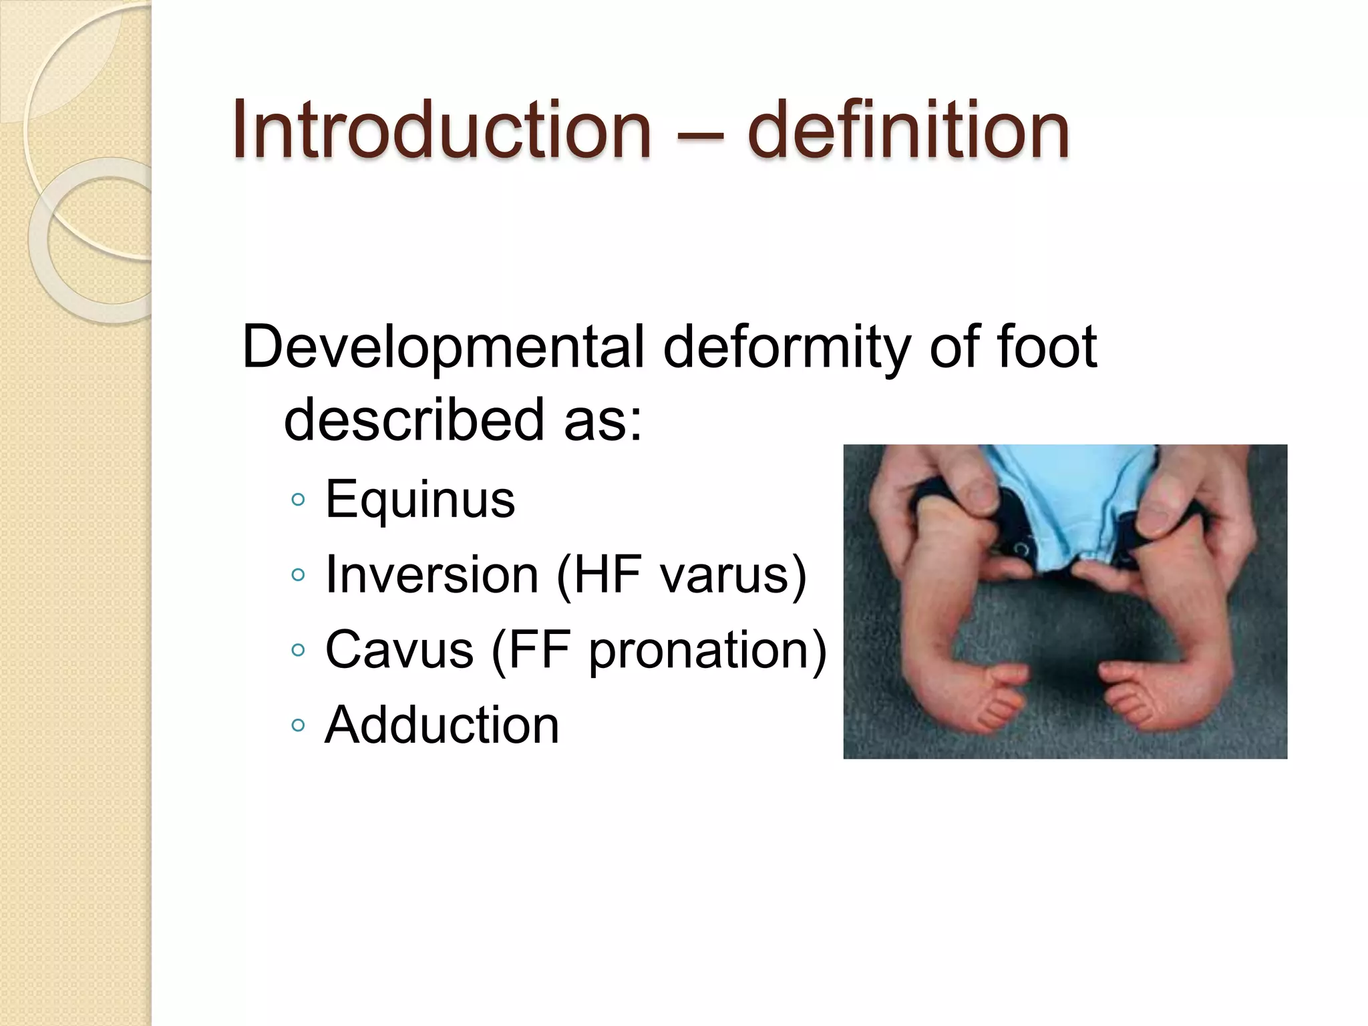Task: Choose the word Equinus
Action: click(x=420, y=500)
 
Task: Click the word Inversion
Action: click(x=432, y=574)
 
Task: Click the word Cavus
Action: click(x=399, y=649)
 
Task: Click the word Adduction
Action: click(x=442, y=725)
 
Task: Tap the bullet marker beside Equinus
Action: click(x=299, y=500)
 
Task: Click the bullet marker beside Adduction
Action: click(x=299, y=725)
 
